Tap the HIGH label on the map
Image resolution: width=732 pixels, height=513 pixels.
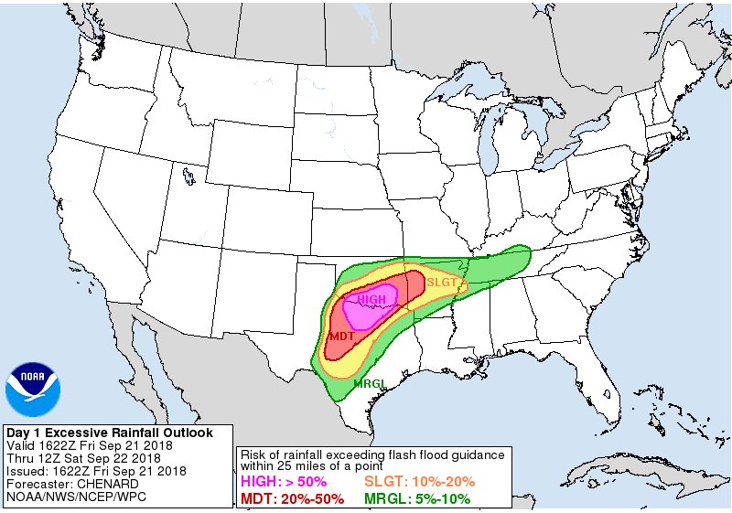(x=371, y=300)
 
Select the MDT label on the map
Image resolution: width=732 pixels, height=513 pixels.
(x=341, y=337)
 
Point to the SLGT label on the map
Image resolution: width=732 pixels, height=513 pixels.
(x=441, y=283)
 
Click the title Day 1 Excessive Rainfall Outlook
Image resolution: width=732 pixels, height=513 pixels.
(x=110, y=433)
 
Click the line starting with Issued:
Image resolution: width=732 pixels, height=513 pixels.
(x=96, y=471)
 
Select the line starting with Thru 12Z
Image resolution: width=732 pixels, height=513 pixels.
(x=85, y=458)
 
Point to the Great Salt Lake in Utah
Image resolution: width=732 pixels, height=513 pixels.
(x=187, y=170)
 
